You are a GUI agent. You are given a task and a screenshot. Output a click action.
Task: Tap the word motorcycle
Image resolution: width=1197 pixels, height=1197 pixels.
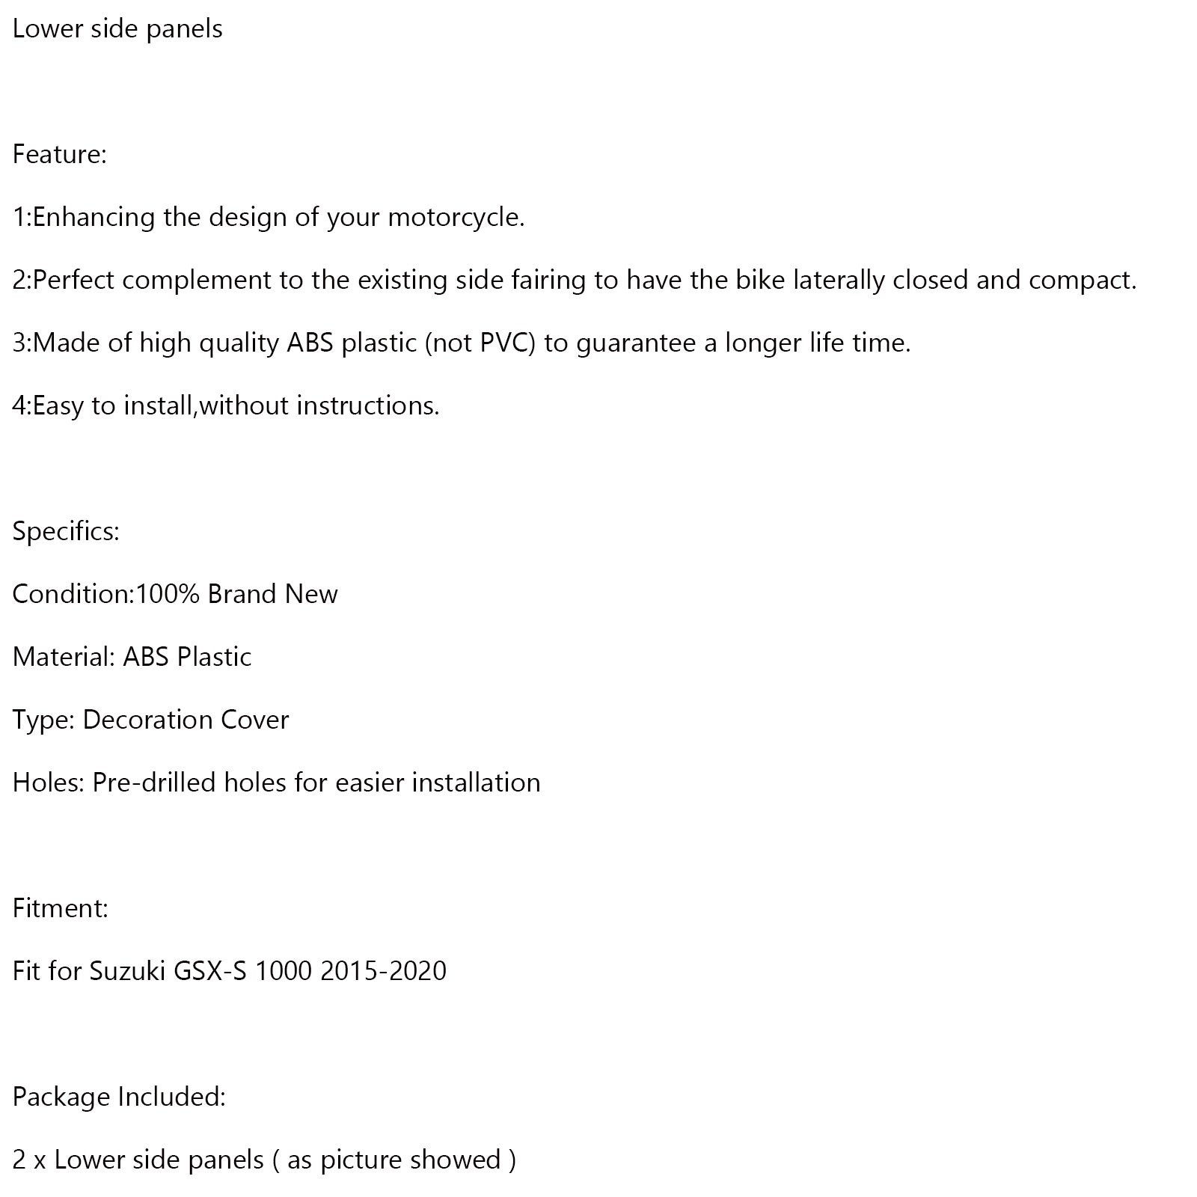click(456, 218)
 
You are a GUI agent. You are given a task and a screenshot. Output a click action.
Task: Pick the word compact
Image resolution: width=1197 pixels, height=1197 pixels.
click(1082, 280)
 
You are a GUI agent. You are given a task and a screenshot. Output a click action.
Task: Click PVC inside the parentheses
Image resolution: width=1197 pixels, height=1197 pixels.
click(506, 343)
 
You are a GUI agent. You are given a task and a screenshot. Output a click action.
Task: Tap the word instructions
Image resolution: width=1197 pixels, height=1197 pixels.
click(368, 405)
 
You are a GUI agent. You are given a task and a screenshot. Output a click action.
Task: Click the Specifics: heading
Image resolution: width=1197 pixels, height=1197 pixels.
click(66, 532)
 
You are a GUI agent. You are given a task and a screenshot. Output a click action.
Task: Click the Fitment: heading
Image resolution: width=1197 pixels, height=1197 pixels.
click(61, 908)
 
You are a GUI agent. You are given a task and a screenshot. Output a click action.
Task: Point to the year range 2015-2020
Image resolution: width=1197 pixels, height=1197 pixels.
click(383, 971)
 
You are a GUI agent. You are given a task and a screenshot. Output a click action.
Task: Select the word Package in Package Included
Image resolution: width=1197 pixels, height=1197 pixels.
click(61, 1097)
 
